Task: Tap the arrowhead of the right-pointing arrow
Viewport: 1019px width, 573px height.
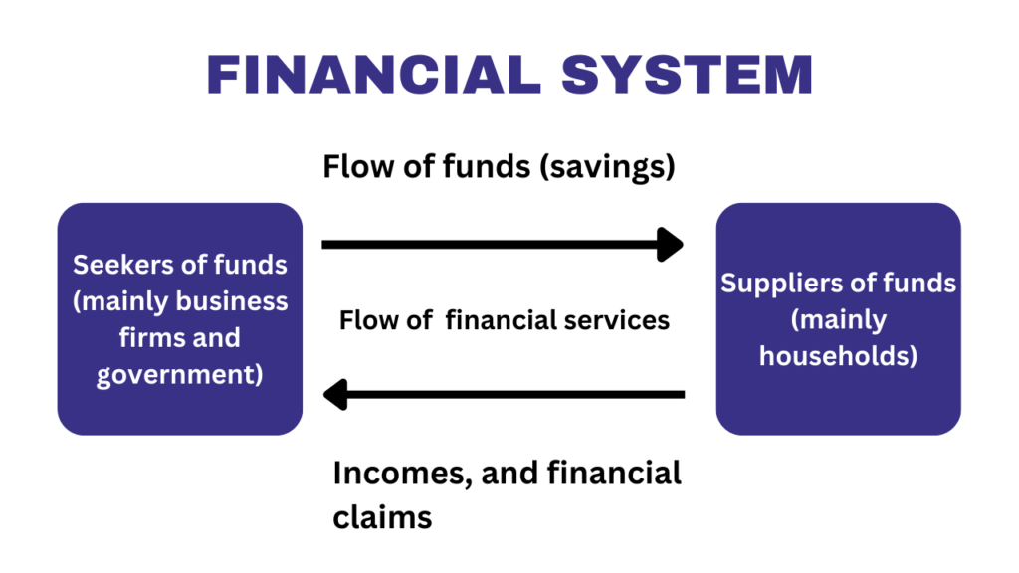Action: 673,244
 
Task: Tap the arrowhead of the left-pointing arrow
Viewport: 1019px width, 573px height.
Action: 335,395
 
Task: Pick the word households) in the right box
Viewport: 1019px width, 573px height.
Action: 838,355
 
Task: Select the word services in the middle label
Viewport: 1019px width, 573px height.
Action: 625,320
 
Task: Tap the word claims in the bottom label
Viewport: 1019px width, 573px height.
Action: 383,517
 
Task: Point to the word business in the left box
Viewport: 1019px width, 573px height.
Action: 231,300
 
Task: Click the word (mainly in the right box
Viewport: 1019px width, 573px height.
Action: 838,319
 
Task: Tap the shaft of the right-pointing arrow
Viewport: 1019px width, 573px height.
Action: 488,244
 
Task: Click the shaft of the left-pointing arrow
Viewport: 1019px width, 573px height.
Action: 517,395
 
